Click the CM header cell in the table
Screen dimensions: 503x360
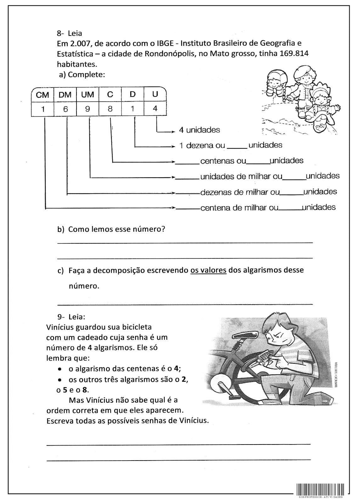point(43,95)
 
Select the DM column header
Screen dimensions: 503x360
point(65,95)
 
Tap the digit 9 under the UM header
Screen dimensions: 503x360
point(87,109)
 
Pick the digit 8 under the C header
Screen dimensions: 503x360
point(110,109)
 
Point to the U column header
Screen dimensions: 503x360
point(155,94)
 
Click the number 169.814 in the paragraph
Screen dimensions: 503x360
point(294,53)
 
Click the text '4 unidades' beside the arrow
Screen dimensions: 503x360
point(200,130)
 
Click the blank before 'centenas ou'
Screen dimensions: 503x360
point(188,163)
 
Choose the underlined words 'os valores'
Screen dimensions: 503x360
point(208,270)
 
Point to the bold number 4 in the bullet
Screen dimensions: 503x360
point(176,369)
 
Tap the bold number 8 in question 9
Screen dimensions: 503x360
point(84,390)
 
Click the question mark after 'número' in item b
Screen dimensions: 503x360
point(163,229)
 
